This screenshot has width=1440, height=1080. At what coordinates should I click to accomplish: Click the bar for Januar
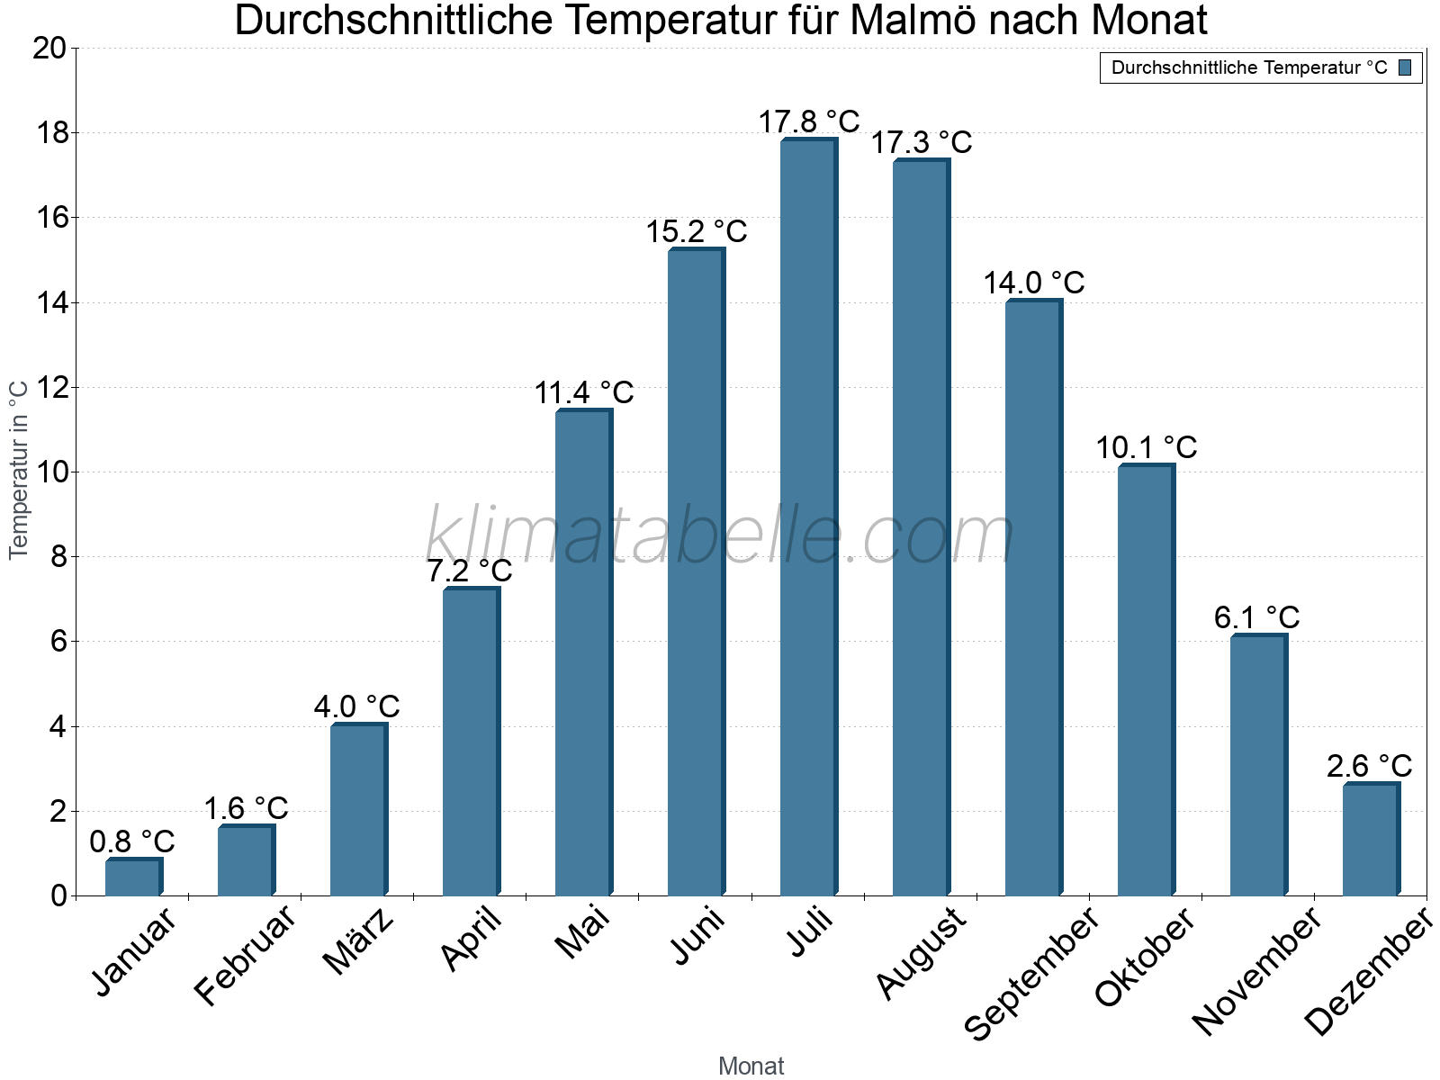click(132, 878)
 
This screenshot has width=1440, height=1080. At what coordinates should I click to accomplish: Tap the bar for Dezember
click(1370, 840)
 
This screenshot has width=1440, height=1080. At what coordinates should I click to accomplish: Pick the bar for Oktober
click(1145, 681)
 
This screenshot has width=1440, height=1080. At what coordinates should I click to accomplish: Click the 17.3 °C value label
click(922, 142)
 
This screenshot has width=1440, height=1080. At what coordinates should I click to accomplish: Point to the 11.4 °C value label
click(584, 393)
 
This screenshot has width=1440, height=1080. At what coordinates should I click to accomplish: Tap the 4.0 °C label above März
click(356, 707)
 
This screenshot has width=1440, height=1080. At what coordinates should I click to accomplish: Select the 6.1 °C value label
click(1256, 618)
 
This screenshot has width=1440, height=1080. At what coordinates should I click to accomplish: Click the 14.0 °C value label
click(1033, 283)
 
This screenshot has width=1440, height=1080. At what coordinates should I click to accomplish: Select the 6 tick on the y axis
click(58, 642)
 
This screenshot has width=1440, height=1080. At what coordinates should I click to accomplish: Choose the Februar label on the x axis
click(244, 954)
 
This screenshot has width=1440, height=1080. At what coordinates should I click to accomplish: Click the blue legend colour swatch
click(1405, 67)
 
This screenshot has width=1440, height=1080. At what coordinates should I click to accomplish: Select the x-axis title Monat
click(751, 1066)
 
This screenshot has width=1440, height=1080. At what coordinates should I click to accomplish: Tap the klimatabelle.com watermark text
click(720, 536)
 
